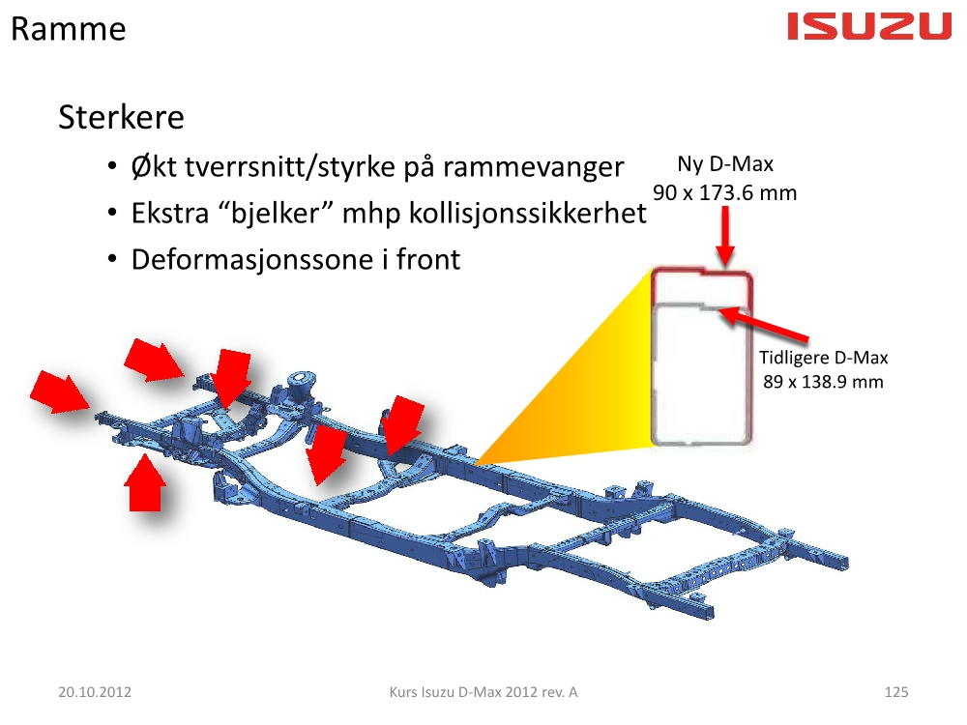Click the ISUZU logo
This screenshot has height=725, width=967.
tap(869, 27)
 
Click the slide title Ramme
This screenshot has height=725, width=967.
tap(69, 29)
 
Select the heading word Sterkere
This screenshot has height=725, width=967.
tap(122, 117)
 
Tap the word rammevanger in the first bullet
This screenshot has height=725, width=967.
tap(534, 167)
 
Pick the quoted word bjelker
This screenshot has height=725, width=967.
tap(276, 214)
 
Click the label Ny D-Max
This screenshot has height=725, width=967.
tap(725, 164)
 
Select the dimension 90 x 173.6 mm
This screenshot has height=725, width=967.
tap(724, 193)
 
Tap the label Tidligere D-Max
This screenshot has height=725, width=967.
tap(823, 358)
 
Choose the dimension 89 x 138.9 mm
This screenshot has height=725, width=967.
tap(823, 382)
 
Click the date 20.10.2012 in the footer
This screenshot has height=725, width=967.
tap(95, 692)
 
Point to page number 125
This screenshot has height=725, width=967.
tap(896, 692)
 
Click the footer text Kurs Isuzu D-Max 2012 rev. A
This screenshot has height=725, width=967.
tap(483, 692)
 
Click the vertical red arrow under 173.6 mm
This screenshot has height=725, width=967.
tap(725, 236)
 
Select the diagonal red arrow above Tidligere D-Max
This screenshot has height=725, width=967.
tap(764, 326)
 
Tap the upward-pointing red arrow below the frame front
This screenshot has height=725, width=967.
tap(145, 482)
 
